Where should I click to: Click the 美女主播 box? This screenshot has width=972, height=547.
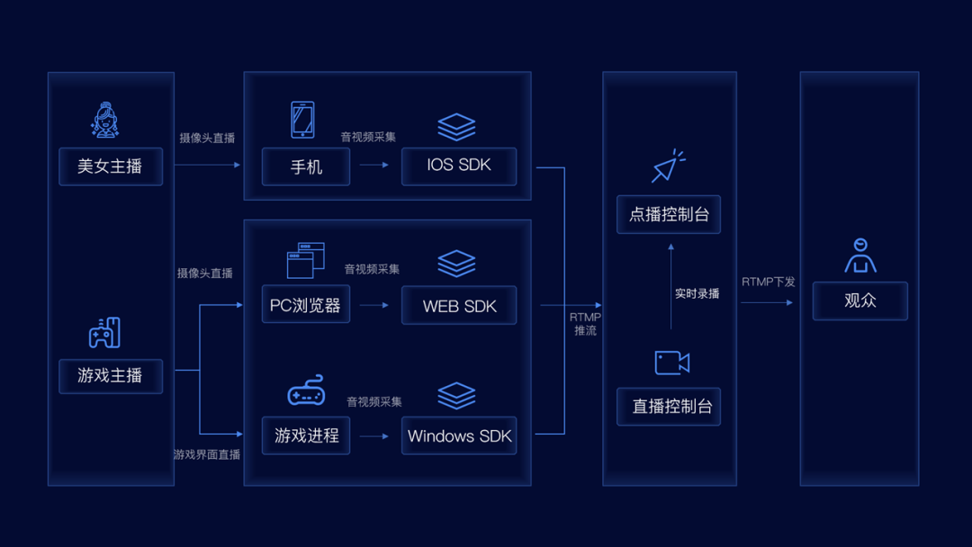111,166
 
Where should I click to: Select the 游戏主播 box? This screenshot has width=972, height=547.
111,376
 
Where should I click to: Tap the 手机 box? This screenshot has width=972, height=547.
306,166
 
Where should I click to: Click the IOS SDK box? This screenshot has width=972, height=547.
459,166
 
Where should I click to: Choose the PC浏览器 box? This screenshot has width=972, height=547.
306,304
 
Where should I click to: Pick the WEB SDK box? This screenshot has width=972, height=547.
459,305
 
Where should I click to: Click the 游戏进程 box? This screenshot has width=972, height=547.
306,435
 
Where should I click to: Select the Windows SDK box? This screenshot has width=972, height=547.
459,435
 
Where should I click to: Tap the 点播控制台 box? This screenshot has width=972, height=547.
669,214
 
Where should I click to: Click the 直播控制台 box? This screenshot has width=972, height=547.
669,407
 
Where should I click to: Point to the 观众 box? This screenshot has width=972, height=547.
860,301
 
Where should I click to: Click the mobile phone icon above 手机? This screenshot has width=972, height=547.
302,120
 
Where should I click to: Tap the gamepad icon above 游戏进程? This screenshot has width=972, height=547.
306,390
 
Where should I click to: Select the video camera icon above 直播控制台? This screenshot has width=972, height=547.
672,363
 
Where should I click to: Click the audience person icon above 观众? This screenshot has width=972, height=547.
860,256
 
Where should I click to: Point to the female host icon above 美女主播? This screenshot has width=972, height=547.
104,120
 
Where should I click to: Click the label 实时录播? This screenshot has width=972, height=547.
697,293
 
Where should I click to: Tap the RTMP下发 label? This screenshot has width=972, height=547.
768,282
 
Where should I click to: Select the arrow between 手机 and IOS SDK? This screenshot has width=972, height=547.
373,165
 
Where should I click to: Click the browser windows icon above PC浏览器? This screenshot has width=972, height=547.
306,260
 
